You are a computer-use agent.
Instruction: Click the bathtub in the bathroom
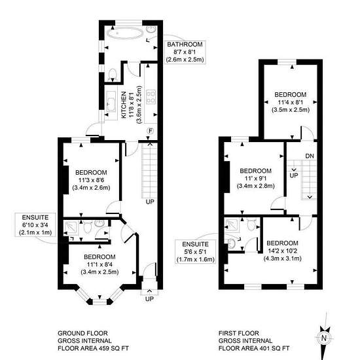(x=124, y=33)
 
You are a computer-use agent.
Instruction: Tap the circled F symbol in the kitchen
(x=151, y=131)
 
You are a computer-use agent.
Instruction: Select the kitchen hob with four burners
(x=151, y=97)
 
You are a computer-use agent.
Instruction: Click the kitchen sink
(x=111, y=101)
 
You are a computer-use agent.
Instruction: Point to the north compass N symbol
(x=324, y=338)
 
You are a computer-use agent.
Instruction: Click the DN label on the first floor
(x=310, y=156)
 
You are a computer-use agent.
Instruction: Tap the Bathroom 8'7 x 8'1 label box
(x=185, y=52)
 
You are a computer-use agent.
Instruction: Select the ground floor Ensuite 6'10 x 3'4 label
(x=35, y=225)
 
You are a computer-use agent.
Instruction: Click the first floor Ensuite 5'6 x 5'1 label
(x=196, y=251)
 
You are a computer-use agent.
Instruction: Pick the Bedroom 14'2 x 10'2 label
(x=282, y=251)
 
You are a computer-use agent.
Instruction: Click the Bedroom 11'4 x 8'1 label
(x=291, y=102)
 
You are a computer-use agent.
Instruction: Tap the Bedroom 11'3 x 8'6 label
(x=91, y=180)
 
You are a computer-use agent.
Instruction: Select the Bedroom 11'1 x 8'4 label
(x=99, y=264)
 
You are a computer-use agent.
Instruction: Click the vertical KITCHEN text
(x=124, y=105)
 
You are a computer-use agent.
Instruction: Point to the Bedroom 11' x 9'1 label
(x=255, y=179)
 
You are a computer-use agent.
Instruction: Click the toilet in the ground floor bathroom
(x=113, y=75)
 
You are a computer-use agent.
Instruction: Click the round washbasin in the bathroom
(x=151, y=29)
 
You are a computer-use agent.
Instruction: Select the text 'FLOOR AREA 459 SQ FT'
(x=93, y=348)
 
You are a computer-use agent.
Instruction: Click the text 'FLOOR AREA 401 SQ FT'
(x=254, y=348)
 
